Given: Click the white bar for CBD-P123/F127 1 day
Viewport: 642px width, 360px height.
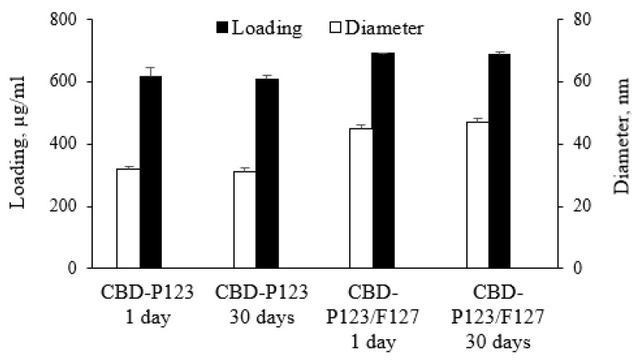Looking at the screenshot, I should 361,199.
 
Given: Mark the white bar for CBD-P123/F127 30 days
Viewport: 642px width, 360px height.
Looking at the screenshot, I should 478,196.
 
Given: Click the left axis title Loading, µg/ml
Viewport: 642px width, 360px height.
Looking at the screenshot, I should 17,144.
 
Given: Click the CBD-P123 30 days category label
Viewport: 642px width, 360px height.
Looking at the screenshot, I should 261,304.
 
